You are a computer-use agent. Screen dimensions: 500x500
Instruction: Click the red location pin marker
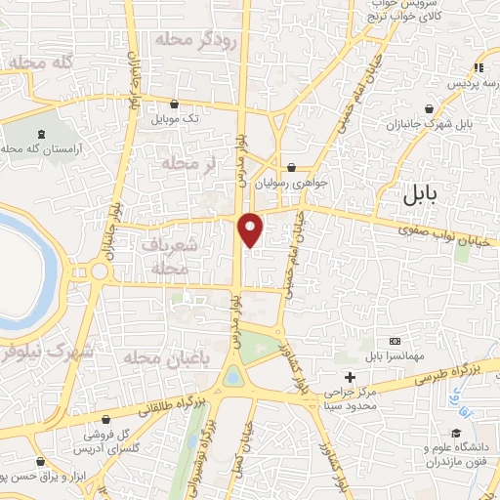tap(251, 229)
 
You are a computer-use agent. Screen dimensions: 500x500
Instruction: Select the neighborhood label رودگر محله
tap(194, 40)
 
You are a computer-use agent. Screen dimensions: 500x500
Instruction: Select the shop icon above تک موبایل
tap(175, 104)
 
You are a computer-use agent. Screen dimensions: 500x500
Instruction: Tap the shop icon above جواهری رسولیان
tap(292, 166)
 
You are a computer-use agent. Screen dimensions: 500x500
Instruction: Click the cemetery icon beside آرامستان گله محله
tap(40, 136)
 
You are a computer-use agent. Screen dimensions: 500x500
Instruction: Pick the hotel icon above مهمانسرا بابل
tap(395, 340)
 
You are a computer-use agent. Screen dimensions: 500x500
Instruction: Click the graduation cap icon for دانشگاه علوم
tap(455, 432)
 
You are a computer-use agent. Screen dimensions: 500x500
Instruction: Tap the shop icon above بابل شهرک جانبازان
tap(429, 109)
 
